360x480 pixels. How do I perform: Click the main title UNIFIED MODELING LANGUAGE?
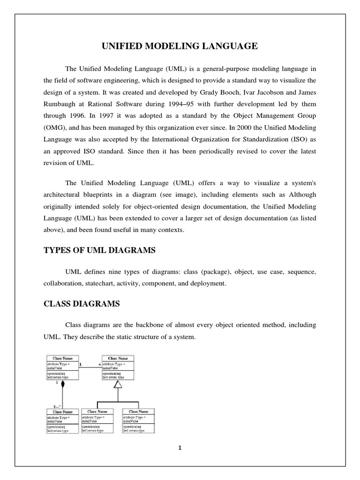180,46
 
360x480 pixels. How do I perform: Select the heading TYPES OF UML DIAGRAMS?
99,251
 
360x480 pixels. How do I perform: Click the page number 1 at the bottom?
180,448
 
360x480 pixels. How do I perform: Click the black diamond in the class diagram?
61,388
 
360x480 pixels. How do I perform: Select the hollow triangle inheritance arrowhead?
118,384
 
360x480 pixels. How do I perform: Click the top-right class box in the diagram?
118,368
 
